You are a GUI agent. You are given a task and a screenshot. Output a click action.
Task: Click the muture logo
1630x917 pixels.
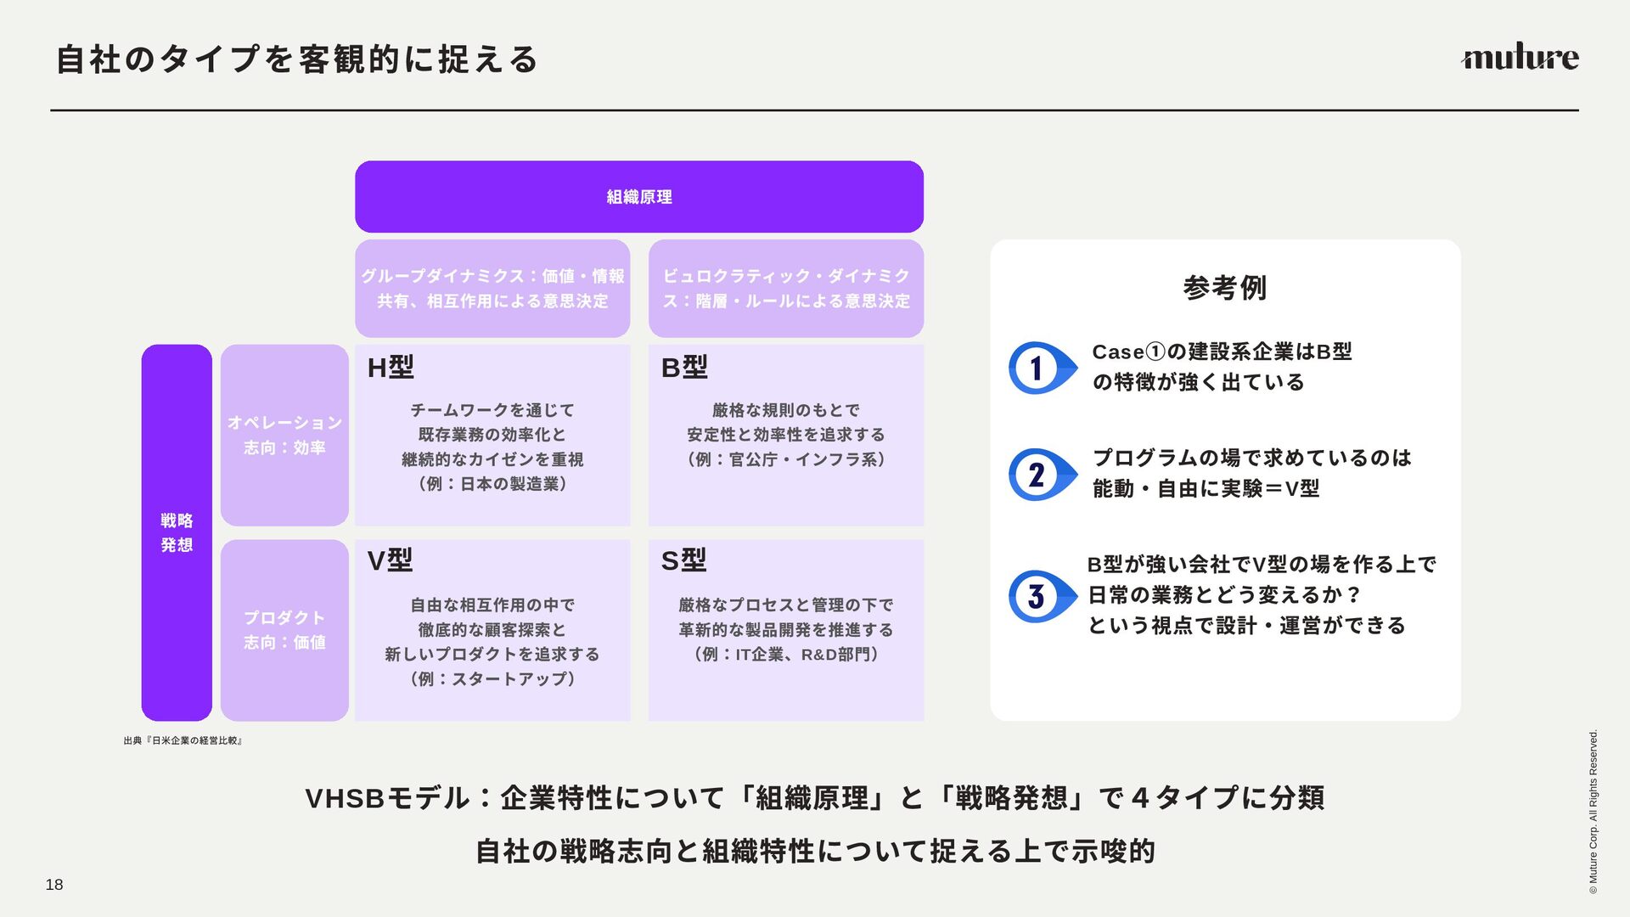pyautogui.click(x=1520, y=58)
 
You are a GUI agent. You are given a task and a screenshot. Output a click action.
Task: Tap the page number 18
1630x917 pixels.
pyautogui.click(x=54, y=885)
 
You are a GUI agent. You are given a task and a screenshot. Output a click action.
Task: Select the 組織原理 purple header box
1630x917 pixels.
pyautogui.click(x=638, y=197)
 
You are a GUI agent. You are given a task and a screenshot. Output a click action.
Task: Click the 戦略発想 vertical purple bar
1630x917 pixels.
pyautogui.click(x=177, y=532)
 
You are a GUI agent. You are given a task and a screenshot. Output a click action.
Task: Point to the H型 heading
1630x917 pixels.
pyautogui.click(x=391, y=368)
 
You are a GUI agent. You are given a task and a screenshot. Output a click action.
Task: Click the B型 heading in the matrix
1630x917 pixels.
pyautogui.click(x=684, y=368)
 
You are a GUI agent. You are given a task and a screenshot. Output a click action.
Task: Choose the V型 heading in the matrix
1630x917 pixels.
pyautogui.click(x=390, y=560)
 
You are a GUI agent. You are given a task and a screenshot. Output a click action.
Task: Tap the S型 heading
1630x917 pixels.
pyautogui.click(x=683, y=560)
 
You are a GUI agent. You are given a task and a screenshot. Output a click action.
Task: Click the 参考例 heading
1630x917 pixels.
pyautogui.click(x=1224, y=288)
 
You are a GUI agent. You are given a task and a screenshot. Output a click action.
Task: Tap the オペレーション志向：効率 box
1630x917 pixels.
pyautogui.click(x=284, y=435)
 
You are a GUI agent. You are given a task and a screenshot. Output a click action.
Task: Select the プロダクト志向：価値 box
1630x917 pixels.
pyautogui.click(x=284, y=630)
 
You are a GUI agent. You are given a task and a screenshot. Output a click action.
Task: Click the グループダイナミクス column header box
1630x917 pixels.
pyautogui.click(x=492, y=289)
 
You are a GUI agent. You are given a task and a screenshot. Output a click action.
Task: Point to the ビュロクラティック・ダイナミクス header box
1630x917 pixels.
pyautogui.click(x=786, y=289)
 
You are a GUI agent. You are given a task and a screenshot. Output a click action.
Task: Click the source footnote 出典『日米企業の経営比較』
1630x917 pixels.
pyautogui.click(x=183, y=741)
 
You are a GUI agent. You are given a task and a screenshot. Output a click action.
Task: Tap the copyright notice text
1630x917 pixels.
pyautogui.click(x=1593, y=812)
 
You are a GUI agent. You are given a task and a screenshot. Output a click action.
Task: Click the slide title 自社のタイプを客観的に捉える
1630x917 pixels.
pyautogui.click(x=297, y=59)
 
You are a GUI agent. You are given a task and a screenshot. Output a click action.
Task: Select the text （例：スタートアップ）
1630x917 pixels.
pyautogui.click(x=492, y=679)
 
